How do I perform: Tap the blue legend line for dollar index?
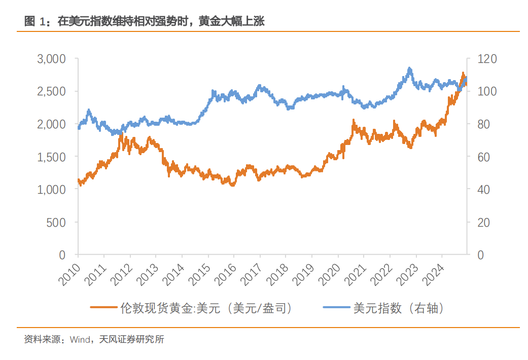(x=336, y=308)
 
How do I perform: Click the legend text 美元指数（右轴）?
(x=400, y=308)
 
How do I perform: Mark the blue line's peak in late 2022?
(x=409, y=68)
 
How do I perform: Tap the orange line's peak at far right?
(x=463, y=74)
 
